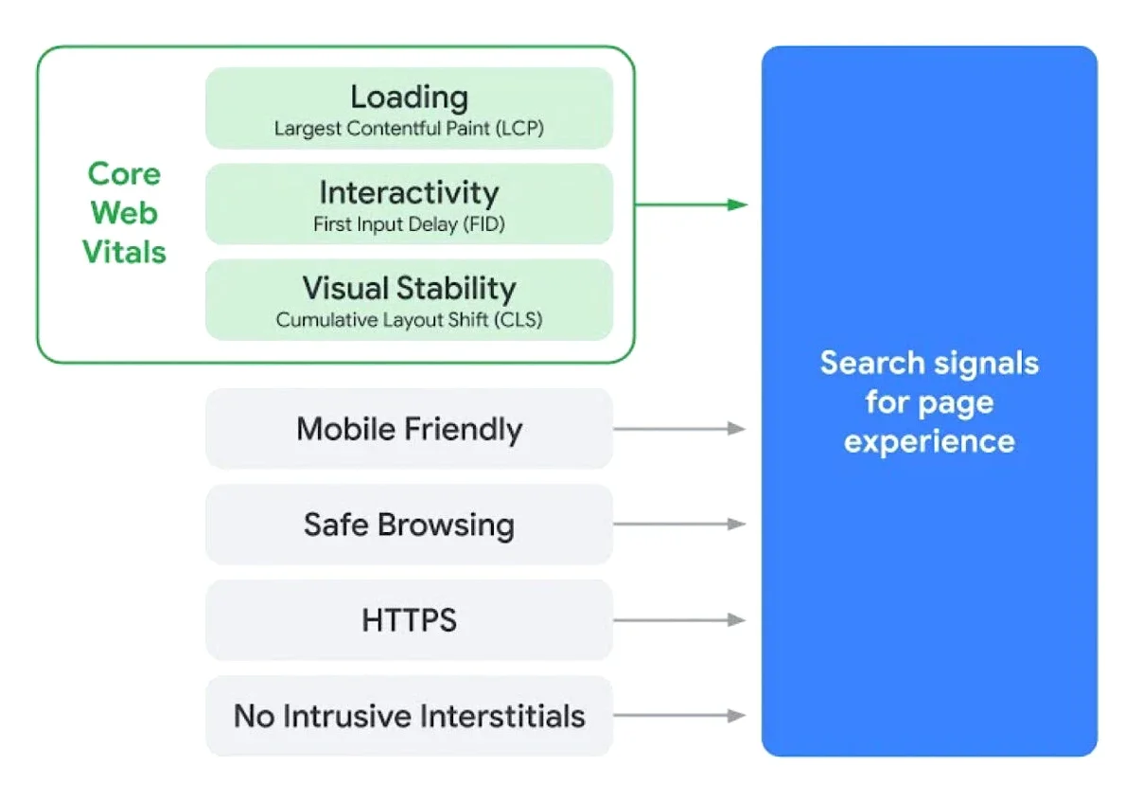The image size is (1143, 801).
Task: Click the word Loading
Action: [x=409, y=97]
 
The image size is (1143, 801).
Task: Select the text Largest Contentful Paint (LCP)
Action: [x=409, y=129]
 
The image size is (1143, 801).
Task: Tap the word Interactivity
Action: [x=409, y=192]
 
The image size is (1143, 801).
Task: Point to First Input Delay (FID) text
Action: [x=409, y=224]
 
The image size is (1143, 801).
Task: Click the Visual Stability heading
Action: [x=409, y=288]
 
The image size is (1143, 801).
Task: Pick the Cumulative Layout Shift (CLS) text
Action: [x=409, y=320]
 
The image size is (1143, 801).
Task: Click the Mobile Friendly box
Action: [x=409, y=429]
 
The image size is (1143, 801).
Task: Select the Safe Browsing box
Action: [x=409, y=525]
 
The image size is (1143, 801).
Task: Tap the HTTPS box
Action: [x=409, y=620]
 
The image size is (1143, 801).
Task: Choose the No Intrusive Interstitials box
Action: [x=409, y=716]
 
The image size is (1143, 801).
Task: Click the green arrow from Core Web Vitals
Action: [x=691, y=205]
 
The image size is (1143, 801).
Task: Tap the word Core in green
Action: [x=124, y=174]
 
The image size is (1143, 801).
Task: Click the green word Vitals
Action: [x=124, y=252]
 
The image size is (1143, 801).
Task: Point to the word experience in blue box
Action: [x=929, y=441]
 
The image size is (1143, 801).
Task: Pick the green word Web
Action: [x=124, y=213]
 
